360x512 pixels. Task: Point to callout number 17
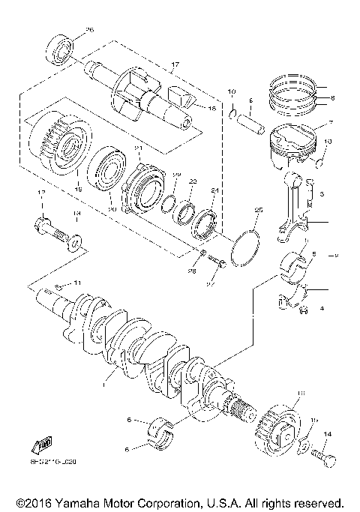175,66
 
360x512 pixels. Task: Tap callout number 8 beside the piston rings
334,97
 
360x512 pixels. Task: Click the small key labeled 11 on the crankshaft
59,287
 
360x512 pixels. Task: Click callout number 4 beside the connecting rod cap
322,308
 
